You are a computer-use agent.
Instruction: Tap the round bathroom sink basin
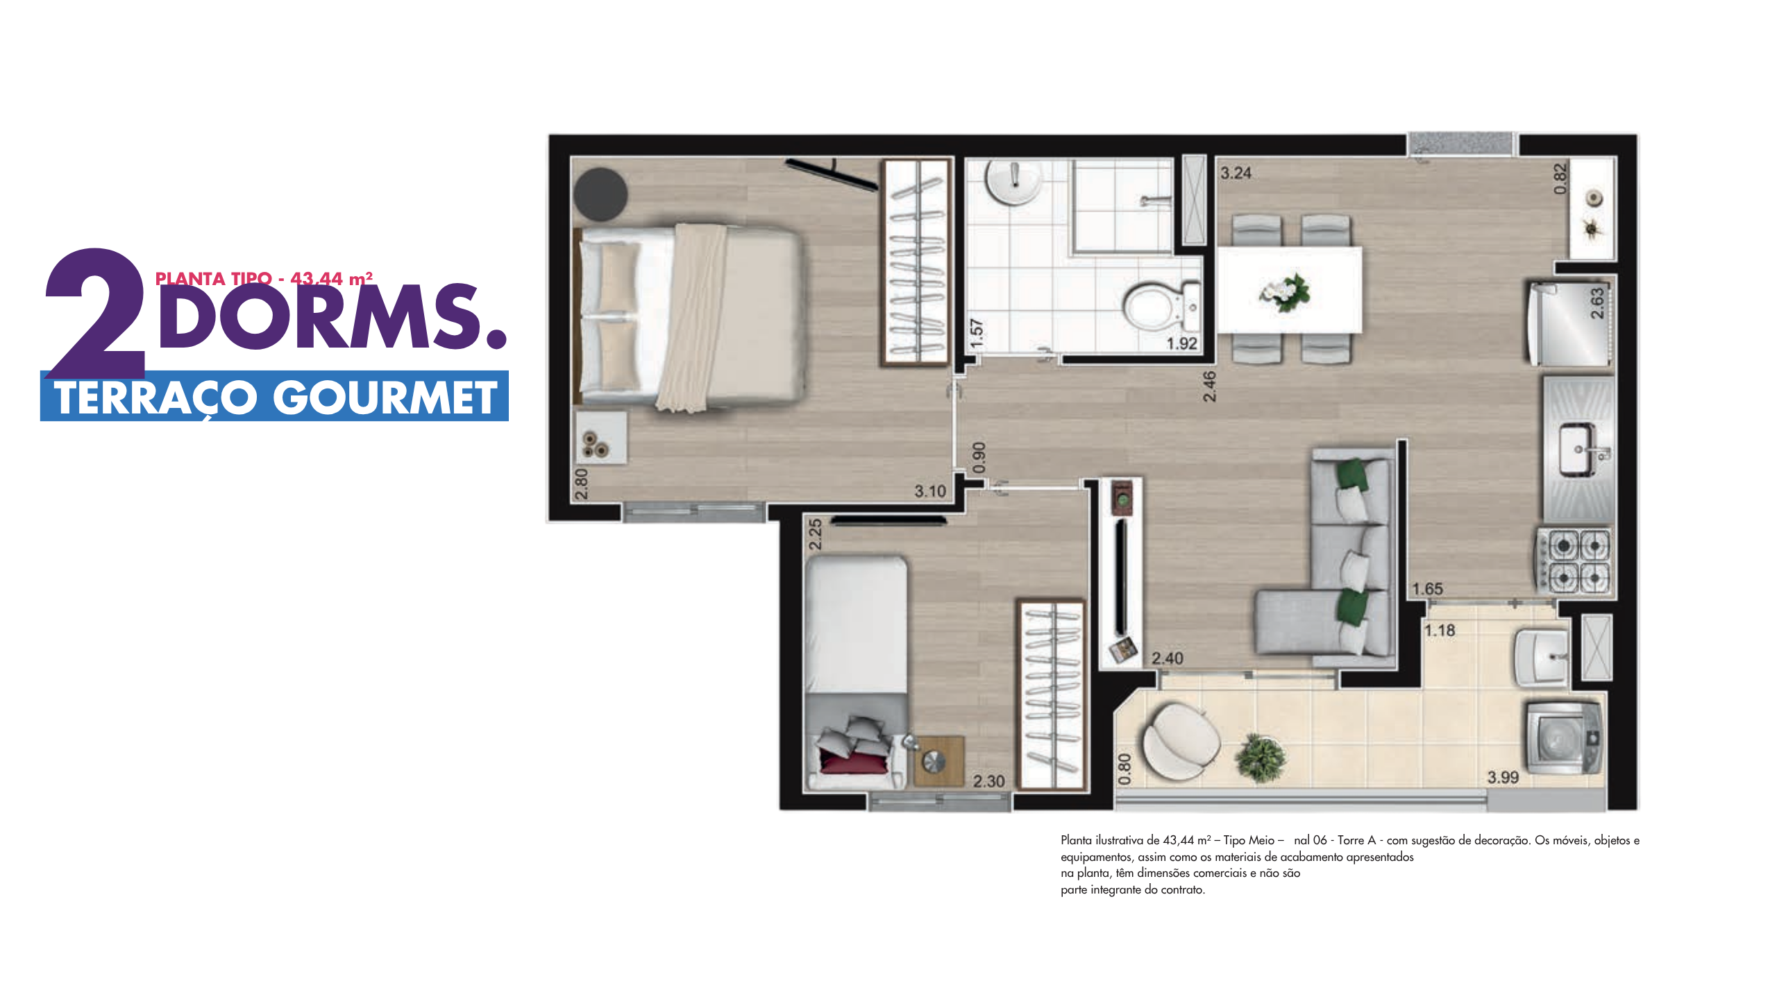pos(1014,181)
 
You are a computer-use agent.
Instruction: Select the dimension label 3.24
pos(1236,173)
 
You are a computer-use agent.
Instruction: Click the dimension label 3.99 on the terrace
pos(1503,778)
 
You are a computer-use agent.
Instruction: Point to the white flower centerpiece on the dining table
pos(1284,292)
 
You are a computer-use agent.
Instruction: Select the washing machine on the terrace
pos(1564,738)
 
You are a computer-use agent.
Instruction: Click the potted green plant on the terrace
pos(1260,758)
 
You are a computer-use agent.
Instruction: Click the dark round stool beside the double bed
pos(600,194)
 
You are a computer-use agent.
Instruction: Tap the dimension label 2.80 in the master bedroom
pos(582,484)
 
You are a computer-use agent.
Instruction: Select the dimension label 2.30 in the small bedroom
pos(988,781)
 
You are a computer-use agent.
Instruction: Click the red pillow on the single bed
pos(854,760)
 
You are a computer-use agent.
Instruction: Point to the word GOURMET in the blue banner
pos(385,398)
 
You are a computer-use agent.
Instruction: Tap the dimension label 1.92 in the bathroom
pos(1181,343)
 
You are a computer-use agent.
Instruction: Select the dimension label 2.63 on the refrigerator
pos(1597,303)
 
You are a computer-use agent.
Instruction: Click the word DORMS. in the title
pos(332,316)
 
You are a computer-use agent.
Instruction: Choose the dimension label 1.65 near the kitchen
pos(1427,589)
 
